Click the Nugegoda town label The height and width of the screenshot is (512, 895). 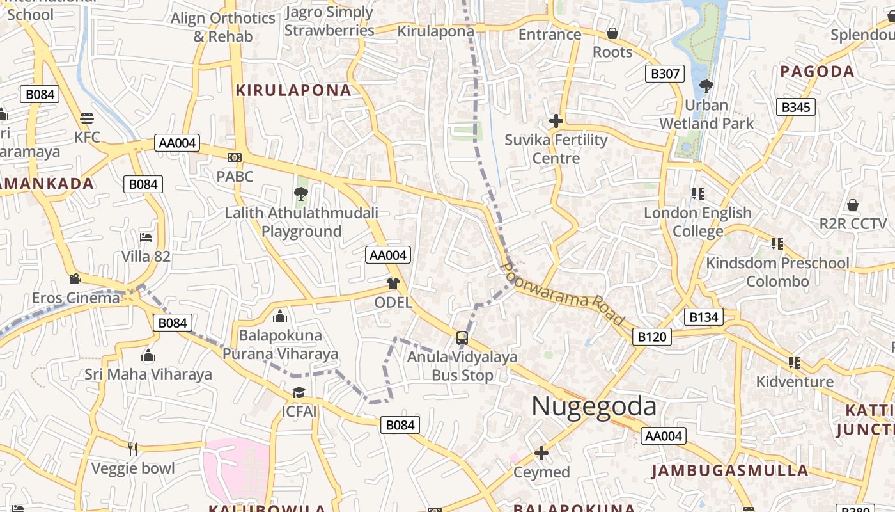pyautogui.click(x=594, y=406)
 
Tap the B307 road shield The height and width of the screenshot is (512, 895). pyautogui.click(x=665, y=74)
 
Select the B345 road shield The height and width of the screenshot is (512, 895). pyautogui.click(x=796, y=107)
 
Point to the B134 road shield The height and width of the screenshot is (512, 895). pyautogui.click(x=704, y=316)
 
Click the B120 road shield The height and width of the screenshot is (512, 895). pyautogui.click(x=652, y=337)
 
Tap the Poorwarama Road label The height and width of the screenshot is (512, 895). pyautogui.click(x=563, y=293)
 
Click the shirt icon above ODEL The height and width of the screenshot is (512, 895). pyautogui.click(x=393, y=284)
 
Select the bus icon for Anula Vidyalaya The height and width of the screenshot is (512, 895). pyautogui.click(x=462, y=337)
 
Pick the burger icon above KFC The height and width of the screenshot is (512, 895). pyautogui.click(x=87, y=118)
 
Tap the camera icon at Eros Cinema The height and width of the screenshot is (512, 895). pyautogui.click(x=75, y=279)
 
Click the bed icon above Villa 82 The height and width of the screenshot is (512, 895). pyautogui.click(x=146, y=237)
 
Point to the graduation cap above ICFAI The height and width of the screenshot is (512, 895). pyautogui.click(x=299, y=392)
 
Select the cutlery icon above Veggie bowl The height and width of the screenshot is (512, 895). pyautogui.click(x=133, y=449)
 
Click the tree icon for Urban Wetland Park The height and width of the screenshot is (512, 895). pyautogui.click(x=706, y=86)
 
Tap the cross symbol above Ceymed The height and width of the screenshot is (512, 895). pyautogui.click(x=541, y=453)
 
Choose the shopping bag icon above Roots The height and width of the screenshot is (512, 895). pyautogui.click(x=612, y=33)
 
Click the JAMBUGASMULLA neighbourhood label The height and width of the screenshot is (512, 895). pyautogui.click(x=730, y=471)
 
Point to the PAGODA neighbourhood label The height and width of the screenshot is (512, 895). pyautogui.click(x=818, y=71)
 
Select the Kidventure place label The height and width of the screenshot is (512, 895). pyautogui.click(x=795, y=382)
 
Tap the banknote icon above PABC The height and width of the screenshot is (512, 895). pyautogui.click(x=235, y=157)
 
